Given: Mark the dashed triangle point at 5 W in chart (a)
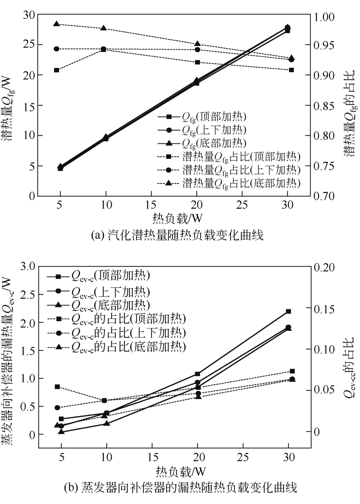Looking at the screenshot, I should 56,24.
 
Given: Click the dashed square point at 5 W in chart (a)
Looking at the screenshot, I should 56,70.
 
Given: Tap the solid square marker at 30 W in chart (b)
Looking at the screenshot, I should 289,311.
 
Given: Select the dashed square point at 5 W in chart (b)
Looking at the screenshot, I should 57,386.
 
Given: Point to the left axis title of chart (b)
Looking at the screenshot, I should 11,357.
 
